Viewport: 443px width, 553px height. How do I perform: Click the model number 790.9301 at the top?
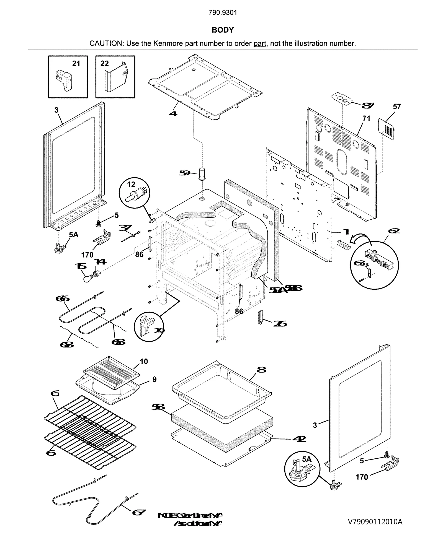[223, 13]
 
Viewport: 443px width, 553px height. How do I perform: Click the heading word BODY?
[223, 30]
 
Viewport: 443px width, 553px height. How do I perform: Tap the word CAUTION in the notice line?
[106, 43]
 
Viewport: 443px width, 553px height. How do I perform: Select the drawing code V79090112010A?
[375, 522]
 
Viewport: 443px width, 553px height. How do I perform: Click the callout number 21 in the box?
[76, 64]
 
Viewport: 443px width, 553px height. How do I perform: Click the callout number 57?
[397, 107]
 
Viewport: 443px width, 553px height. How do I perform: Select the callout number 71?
[366, 118]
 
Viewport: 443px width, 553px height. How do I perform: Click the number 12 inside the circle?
[131, 184]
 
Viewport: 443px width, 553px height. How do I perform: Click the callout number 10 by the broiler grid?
[144, 361]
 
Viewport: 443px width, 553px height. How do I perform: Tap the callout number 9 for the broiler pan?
[154, 379]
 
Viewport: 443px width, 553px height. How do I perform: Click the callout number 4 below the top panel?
[173, 113]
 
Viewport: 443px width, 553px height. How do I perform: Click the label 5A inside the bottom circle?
[307, 459]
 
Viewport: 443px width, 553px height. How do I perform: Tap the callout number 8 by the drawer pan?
[261, 370]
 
